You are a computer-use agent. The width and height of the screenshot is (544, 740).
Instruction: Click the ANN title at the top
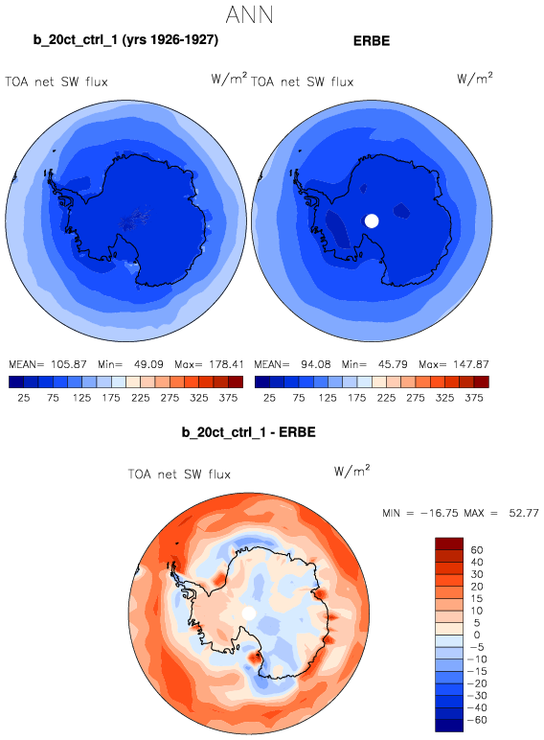pyautogui.click(x=249, y=14)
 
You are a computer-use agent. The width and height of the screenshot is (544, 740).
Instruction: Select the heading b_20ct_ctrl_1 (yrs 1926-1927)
pyautogui.click(x=125, y=40)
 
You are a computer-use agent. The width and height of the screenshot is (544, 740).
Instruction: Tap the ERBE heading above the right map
pyautogui.click(x=372, y=41)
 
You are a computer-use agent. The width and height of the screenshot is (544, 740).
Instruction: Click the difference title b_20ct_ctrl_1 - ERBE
pyautogui.click(x=248, y=432)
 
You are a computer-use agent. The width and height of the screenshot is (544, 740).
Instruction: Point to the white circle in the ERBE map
pyautogui.click(x=372, y=220)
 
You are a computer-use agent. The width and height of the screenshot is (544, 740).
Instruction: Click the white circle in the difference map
pyautogui.click(x=248, y=613)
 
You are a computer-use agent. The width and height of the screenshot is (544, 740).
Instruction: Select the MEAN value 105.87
pyautogui.click(x=68, y=364)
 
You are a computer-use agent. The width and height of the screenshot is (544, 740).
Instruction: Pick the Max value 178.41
pyautogui.click(x=225, y=364)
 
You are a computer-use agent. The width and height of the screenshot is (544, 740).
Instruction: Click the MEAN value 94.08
pyautogui.click(x=316, y=364)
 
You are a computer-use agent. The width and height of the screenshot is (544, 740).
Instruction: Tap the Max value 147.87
pyautogui.click(x=471, y=364)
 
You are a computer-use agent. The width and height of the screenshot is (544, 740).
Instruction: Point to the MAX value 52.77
pyautogui.click(x=524, y=513)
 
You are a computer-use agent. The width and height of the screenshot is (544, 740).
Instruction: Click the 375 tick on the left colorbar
pyautogui.click(x=228, y=398)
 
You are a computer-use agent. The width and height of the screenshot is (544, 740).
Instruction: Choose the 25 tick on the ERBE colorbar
pyautogui.click(x=269, y=398)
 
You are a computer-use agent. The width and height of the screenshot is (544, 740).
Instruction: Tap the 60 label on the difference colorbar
pyautogui.click(x=477, y=550)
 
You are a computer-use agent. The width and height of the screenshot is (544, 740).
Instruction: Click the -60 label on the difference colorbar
pyautogui.click(x=477, y=720)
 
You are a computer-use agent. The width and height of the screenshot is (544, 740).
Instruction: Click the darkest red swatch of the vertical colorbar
pyautogui.click(x=449, y=543)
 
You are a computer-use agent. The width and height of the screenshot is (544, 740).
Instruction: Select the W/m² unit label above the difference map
pyautogui.click(x=351, y=471)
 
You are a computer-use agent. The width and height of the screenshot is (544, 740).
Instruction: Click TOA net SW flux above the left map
pyautogui.click(x=57, y=82)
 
